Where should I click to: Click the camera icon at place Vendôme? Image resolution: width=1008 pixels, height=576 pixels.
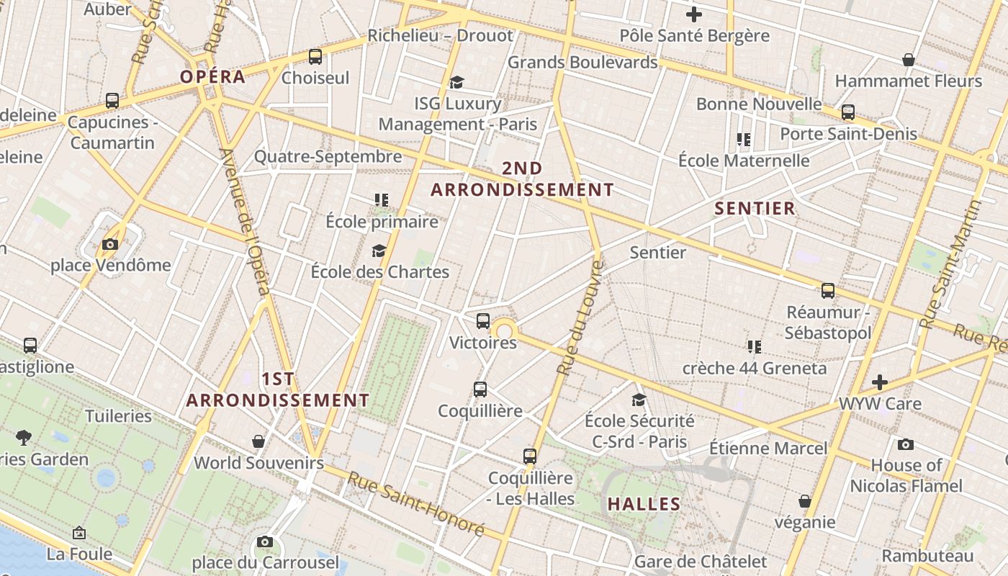(x=109, y=245)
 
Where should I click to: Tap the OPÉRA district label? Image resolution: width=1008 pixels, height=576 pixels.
(x=213, y=77)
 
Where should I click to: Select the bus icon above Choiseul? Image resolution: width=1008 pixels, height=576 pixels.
(x=315, y=57)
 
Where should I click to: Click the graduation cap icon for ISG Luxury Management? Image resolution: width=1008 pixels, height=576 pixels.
(x=456, y=83)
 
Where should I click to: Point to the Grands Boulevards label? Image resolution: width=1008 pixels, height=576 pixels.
(x=582, y=63)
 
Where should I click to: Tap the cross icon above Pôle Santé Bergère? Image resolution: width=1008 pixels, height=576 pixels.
(x=694, y=14)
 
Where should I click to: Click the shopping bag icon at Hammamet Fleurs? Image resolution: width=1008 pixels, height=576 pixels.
(x=909, y=60)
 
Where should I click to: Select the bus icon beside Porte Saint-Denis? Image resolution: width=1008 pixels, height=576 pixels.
(x=848, y=112)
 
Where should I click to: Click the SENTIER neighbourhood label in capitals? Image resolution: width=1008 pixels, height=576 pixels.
(x=755, y=209)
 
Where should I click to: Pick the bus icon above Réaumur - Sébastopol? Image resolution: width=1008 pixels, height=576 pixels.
(x=828, y=291)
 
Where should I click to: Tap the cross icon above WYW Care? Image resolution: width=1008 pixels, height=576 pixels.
(x=879, y=382)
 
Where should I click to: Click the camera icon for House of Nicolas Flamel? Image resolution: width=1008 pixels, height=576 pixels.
(x=906, y=444)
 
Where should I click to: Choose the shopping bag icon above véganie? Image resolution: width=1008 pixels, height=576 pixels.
(x=805, y=501)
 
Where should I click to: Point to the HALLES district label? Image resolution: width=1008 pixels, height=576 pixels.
(x=644, y=504)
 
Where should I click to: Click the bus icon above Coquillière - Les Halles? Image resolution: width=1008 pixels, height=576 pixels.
(x=530, y=456)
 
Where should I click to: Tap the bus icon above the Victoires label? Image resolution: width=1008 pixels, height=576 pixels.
(x=482, y=321)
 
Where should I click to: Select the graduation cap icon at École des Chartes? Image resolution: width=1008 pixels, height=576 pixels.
(x=379, y=251)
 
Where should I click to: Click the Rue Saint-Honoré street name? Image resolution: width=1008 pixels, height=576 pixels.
(x=416, y=503)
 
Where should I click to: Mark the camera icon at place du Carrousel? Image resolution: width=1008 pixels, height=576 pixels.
(x=264, y=541)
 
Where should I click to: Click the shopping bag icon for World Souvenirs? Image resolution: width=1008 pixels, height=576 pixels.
(x=258, y=441)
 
